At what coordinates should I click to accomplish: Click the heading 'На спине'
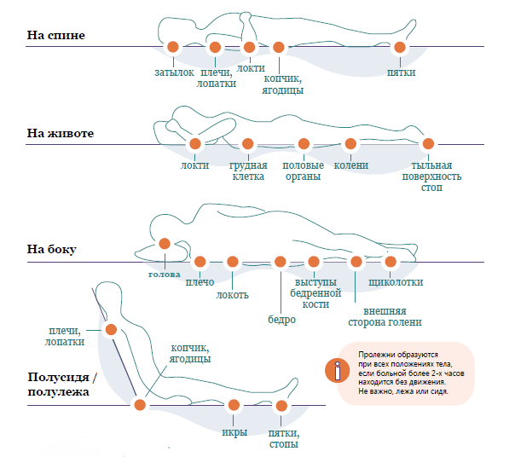55,35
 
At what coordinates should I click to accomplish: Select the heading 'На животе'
60,133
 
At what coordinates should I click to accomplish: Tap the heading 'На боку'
51,249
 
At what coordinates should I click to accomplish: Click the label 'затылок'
174,72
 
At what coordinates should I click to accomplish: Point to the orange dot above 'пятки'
400,47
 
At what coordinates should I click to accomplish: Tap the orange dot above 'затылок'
173,47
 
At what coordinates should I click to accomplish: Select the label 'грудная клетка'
248,171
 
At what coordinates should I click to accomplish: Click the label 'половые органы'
304,171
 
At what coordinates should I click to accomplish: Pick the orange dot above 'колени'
350,143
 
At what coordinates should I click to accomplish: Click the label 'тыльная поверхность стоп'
432,176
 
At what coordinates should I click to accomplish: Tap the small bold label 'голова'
165,275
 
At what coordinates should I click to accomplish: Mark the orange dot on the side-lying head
165,244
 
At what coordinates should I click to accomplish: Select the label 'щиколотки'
396,282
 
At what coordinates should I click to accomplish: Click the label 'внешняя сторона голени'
385,316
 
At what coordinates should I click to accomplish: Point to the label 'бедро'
282,319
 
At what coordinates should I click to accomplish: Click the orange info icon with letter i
337,371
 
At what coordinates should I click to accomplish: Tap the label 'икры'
234,432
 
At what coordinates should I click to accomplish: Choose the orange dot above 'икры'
234,405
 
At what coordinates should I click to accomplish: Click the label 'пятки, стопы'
284,439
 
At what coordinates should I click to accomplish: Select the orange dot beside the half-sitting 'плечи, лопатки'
111,329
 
